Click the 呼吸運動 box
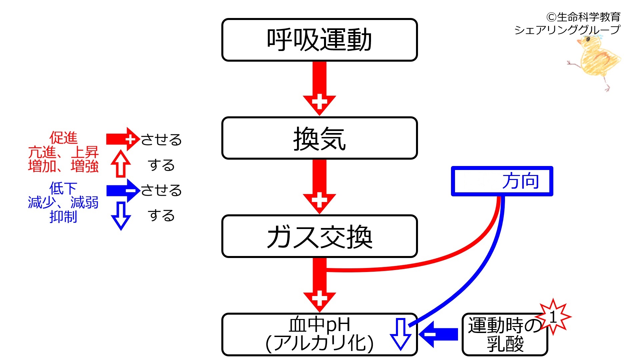click(x=319, y=40)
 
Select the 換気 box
click(x=319, y=138)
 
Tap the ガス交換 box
click(x=319, y=236)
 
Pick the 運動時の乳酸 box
click(x=505, y=334)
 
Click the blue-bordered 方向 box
click(x=502, y=181)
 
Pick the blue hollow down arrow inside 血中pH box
click(x=400, y=334)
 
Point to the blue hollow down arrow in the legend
click(x=121, y=216)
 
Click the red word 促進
click(x=63, y=138)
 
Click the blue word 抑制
click(x=63, y=217)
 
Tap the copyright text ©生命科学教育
click(x=583, y=17)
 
